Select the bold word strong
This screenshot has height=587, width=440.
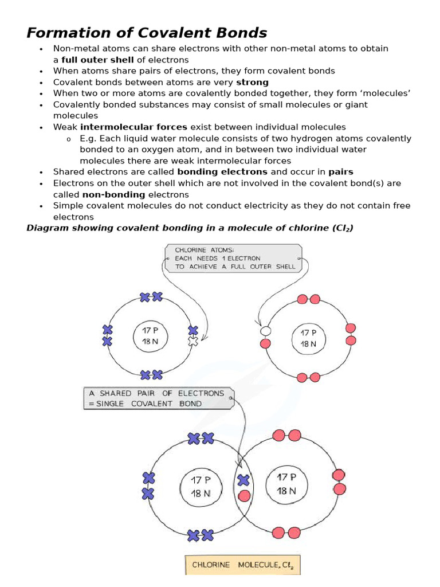[x=252, y=82]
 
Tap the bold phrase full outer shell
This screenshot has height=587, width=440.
[x=97, y=60]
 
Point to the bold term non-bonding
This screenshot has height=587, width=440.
[x=112, y=194]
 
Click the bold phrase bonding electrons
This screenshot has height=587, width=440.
[x=222, y=171]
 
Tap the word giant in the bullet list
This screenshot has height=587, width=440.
[x=355, y=104]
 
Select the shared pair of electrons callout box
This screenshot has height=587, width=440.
[x=159, y=398]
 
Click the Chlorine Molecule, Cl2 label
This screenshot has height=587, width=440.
[x=243, y=565]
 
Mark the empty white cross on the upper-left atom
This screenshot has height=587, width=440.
[x=193, y=341]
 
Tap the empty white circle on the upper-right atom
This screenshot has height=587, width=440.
[x=265, y=331]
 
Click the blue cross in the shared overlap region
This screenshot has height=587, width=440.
[x=243, y=480]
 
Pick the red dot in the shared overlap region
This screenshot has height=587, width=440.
[x=243, y=495]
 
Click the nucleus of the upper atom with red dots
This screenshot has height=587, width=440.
[x=308, y=338]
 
